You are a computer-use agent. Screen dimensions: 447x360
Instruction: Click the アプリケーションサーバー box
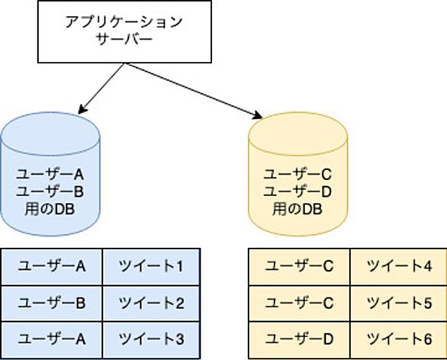click(124, 31)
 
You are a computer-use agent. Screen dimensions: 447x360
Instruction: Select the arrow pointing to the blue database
click(101, 88)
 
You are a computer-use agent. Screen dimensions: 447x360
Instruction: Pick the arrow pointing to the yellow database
click(193, 90)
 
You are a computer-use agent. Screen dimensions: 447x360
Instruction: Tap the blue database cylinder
click(50, 174)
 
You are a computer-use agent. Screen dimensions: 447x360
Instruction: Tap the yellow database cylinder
click(298, 174)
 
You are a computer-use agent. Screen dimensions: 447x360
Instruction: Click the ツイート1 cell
click(151, 266)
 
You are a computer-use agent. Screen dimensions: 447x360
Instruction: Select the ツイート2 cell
click(151, 303)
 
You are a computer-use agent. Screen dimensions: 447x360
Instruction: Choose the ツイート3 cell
click(151, 339)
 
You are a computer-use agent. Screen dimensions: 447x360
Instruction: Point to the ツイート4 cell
click(398, 266)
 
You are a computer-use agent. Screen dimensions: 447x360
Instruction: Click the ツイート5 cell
click(398, 303)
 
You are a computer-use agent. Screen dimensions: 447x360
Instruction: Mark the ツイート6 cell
click(398, 339)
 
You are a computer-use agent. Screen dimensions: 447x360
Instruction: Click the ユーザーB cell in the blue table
click(52, 303)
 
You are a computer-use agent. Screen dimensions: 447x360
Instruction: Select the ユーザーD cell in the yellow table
click(299, 339)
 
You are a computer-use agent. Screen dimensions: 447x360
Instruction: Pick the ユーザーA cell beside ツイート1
click(52, 266)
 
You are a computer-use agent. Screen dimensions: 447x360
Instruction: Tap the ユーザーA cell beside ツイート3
click(52, 339)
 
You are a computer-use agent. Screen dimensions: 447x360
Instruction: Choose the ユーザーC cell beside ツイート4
click(299, 266)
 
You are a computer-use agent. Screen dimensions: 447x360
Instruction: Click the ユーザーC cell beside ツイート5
click(299, 303)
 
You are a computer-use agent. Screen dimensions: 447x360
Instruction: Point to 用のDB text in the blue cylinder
click(50, 210)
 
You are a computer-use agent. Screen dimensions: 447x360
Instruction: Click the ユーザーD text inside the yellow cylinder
click(297, 191)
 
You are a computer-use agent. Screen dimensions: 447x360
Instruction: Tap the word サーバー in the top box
click(124, 40)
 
